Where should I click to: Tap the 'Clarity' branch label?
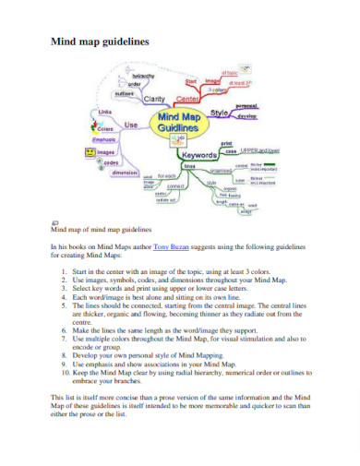click(153, 99)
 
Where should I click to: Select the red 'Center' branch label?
click(187, 99)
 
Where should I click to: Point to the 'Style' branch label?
click(219, 113)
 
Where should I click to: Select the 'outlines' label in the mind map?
click(125, 93)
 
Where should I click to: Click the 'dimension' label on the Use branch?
click(126, 173)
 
